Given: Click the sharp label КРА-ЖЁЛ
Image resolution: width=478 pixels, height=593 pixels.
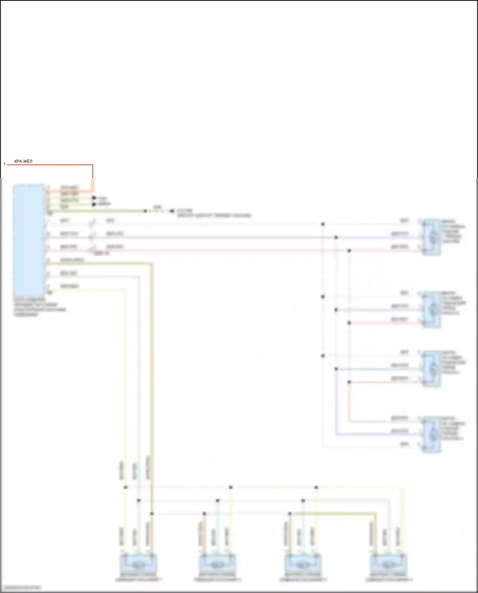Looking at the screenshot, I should pyautogui.click(x=23, y=161).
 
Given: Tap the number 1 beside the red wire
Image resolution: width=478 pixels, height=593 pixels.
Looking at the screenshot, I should pyautogui.click(x=4, y=164).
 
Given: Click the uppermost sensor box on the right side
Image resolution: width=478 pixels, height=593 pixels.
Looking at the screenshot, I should pyautogui.click(x=432, y=237).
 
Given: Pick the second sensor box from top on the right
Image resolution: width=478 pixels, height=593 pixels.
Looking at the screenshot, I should pyautogui.click(x=432, y=309).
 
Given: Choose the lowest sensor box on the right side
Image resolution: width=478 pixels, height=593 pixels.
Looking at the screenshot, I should pyautogui.click(x=432, y=434).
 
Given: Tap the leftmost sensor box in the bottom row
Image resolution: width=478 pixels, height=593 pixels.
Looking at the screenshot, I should pyautogui.click(x=139, y=564).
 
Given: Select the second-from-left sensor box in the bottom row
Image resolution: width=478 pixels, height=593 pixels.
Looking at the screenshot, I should pyautogui.click(x=218, y=564).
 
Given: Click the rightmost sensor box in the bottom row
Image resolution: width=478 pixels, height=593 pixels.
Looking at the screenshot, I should pyautogui.click(x=388, y=564).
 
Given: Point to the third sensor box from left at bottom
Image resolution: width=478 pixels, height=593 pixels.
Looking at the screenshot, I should pyautogui.click(x=303, y=564).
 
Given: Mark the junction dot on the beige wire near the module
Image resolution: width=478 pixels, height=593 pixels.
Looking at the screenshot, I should pyautogui.click(x=145, y=211).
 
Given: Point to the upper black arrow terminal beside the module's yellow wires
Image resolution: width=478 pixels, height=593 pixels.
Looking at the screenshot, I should pyautogui.click(x=94, y=198).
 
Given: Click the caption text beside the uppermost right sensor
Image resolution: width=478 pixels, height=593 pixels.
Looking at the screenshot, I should pyautogui.click(x=453, y=231).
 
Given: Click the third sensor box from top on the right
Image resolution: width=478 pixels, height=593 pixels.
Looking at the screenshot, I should pyautogui.click(x=432, y=369).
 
